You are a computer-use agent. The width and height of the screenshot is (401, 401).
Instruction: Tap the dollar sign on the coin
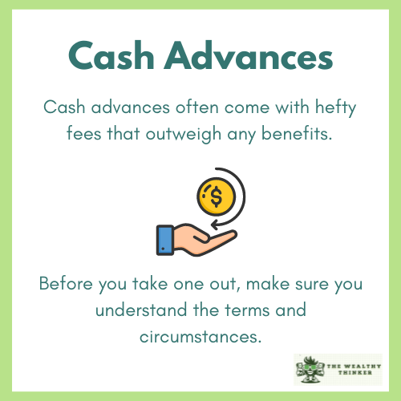pos(215,196)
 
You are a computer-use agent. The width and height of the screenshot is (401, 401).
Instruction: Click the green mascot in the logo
pos(310,370)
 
